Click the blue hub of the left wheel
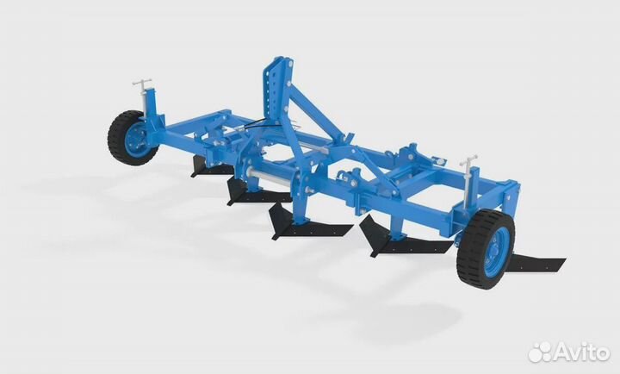point(135,140)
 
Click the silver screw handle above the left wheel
point(142,83)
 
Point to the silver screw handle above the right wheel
point(468,162)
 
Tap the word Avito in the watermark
point(580,352)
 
